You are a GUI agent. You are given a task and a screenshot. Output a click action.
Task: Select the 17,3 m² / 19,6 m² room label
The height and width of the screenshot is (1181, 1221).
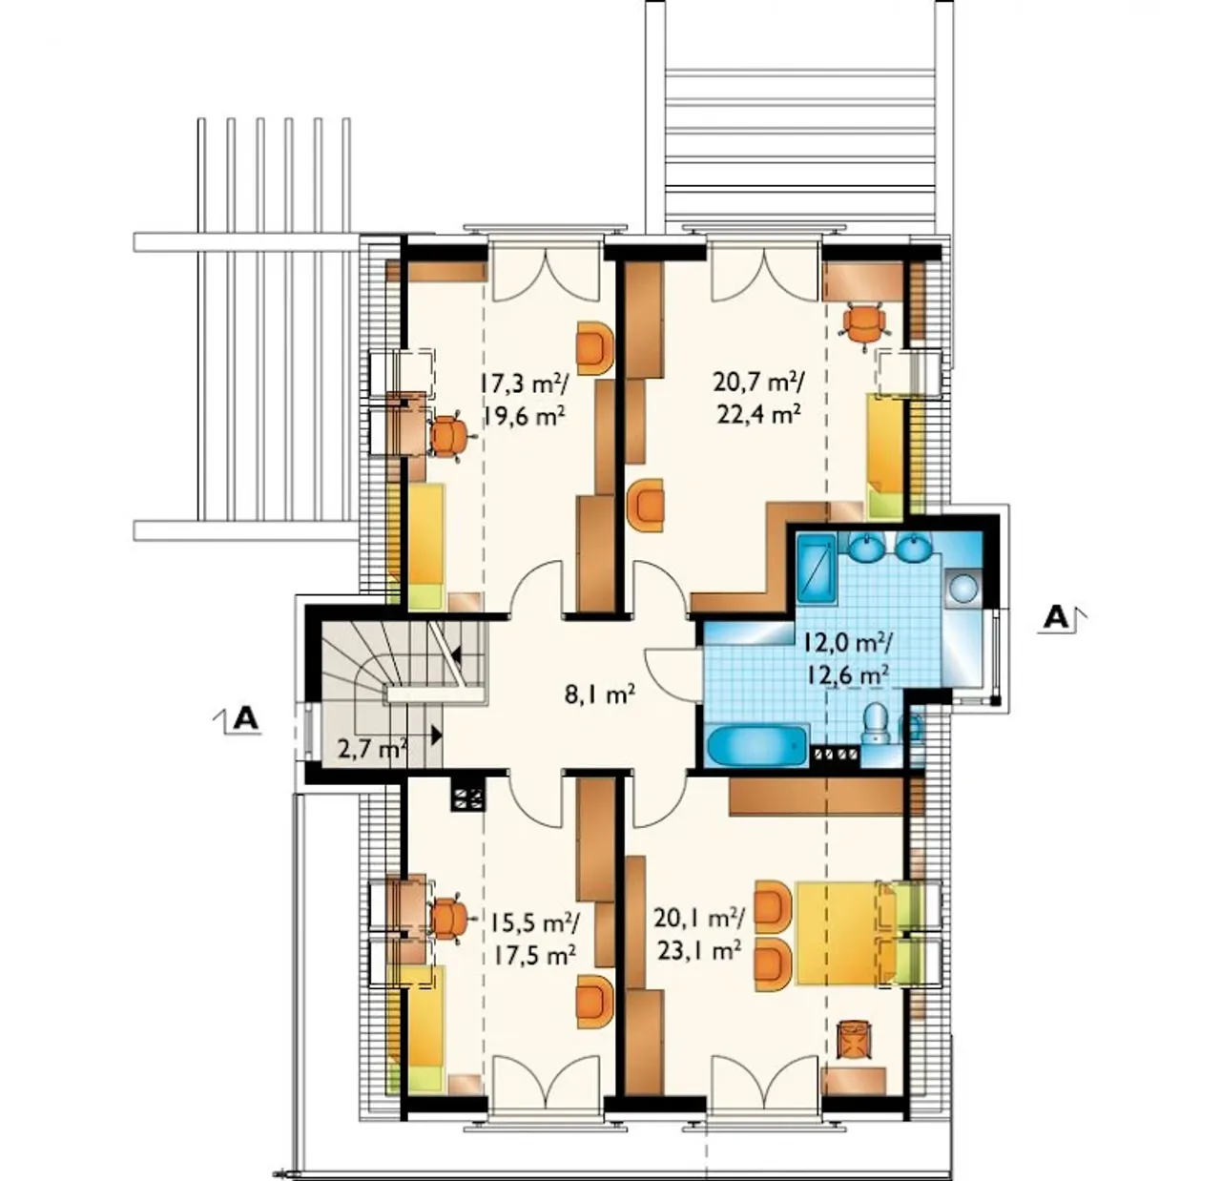[523, 399]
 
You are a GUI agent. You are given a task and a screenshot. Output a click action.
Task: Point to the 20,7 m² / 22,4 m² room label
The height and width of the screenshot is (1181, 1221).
[758, 396]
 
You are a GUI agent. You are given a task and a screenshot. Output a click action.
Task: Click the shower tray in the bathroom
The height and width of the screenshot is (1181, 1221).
[817, 570]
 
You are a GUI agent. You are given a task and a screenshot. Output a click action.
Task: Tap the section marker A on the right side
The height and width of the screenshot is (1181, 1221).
[1055, 617]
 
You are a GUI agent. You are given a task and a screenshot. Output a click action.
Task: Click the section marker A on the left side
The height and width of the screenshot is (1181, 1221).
[245, 718]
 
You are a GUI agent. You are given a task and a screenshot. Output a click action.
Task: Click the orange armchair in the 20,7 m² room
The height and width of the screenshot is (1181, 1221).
[646, 506]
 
